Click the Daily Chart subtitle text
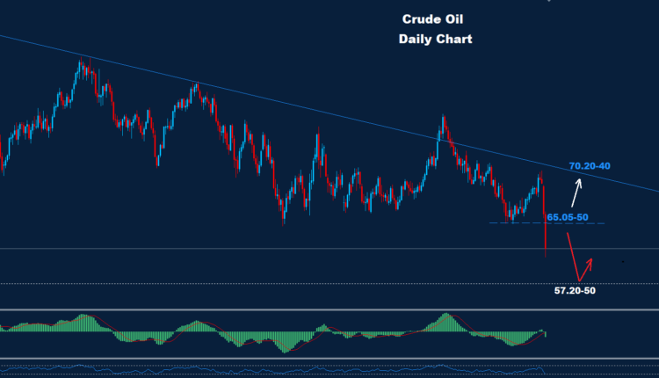click(x=435, y=40)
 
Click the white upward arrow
click(x=577, y=193)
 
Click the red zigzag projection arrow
click(x=580, y=260)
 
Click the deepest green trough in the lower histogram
click(x=283, y=343)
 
